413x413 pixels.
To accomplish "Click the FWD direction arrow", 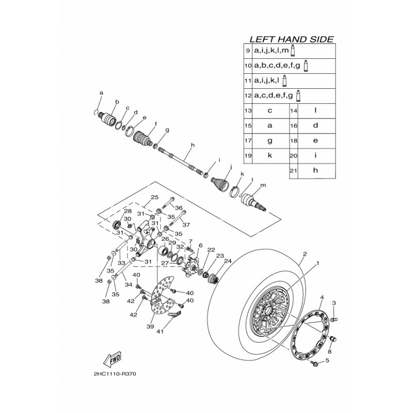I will coord(112,358).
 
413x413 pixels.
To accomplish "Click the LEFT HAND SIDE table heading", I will coord(291,39).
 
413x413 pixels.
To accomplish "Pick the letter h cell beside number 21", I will coord(315,170).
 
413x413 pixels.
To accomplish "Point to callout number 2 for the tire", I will coord(305,253).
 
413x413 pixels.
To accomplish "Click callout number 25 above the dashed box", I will coord(153,198).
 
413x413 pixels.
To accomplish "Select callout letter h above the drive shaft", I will coord(191,146).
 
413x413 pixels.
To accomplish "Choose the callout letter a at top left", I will coord(101,92).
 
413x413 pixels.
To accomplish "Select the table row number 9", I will coord(248,51).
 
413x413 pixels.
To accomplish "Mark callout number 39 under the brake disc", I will coord(151,327).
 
